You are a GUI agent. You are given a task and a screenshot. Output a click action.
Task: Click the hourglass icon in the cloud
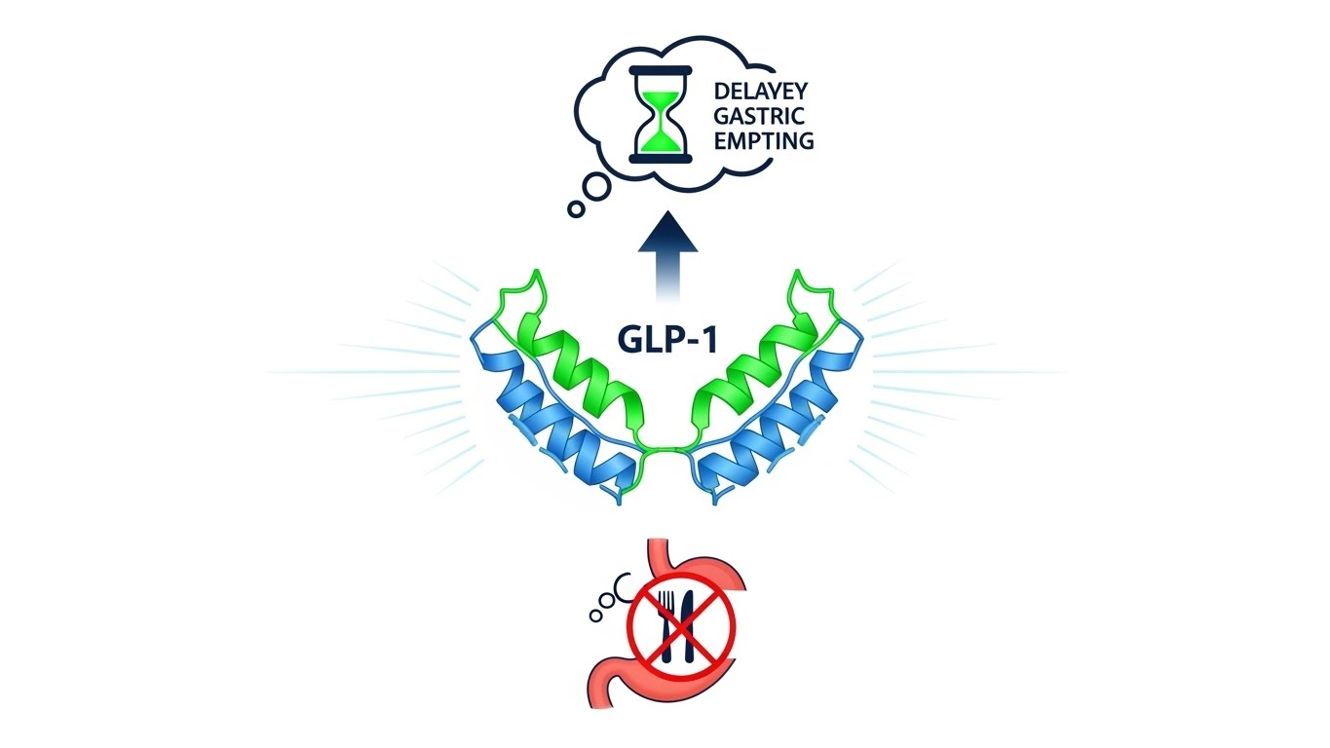pos(661,114)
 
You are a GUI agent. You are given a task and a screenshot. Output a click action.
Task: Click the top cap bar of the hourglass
pos(661,70)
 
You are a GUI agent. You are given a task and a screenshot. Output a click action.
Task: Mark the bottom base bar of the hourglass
pos(661,158)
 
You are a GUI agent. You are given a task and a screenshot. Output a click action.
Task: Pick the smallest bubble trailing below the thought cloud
pos(576,208)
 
